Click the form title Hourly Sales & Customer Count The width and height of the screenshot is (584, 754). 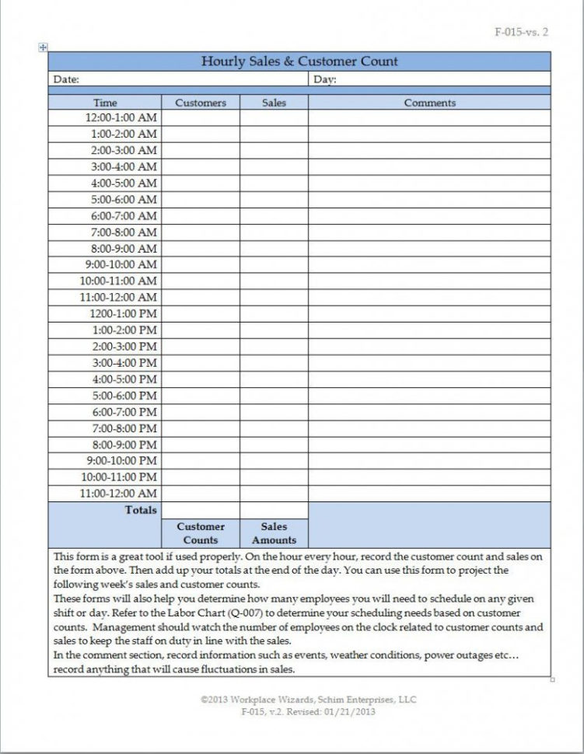(299, 61)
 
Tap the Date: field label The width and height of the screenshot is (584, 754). (66, 79)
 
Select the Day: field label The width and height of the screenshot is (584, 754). (325, 79)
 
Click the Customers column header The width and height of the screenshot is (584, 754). (201, 103)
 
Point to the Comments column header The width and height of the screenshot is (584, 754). (429, 103)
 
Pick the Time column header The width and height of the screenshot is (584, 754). (105, 103)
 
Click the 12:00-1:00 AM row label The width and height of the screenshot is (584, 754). (121, 118)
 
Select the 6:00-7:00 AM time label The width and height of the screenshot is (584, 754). (123, 216)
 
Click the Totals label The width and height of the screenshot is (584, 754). (141, 511)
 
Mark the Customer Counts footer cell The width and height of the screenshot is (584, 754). (201, 533)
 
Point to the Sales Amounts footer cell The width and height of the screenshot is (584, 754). (274, 533)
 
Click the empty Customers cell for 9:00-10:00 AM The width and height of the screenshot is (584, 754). (201, 265)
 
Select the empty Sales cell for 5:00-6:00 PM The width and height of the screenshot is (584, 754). (274, 396)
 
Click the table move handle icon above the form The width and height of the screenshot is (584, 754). (44, 47)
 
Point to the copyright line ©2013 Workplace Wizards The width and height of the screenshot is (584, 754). (307, 700)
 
